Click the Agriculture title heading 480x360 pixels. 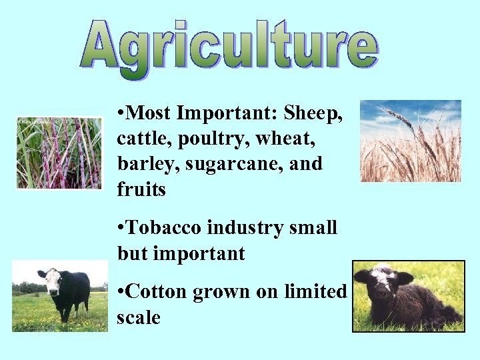pos(230,47)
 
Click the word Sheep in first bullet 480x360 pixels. pos(313,113)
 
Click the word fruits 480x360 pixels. pos(141,190)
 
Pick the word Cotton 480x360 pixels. pos(157,292)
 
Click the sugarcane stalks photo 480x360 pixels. pos(59,153)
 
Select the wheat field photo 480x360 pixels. pos(410,141)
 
